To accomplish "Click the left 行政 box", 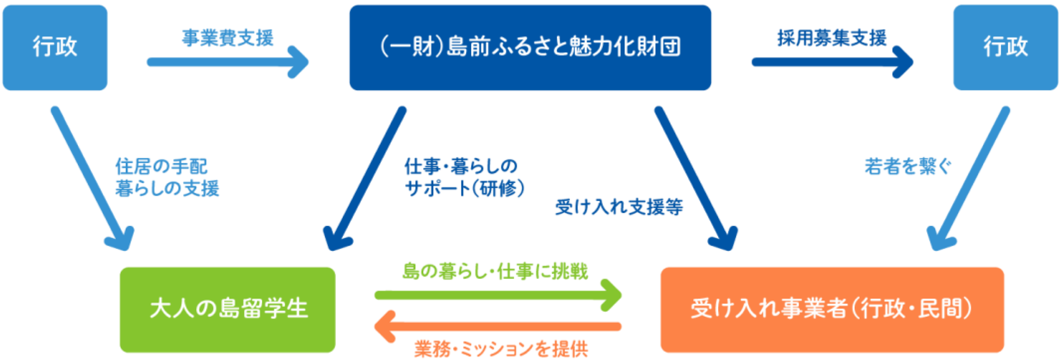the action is [55, 47].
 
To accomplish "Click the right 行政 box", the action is [1005, 47].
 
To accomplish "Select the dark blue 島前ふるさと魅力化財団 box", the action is [530, 47].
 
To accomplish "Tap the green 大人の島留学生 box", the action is [228, 309].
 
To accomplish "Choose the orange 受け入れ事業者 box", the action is [832, 309].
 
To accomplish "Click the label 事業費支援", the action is [228, 38].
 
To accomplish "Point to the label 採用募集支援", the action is [832, 38].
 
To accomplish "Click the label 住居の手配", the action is [161, 166].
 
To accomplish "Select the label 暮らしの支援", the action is [167, 188].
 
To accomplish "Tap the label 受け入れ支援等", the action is [619, 207].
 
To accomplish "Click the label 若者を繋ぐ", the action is [908, 166].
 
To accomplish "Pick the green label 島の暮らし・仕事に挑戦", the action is [495, 271].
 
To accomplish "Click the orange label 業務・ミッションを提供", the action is [501, 349].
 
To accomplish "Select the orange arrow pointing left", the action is [498, 326].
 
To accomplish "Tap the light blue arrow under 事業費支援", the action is [228, 62].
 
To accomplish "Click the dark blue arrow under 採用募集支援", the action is [832, 62].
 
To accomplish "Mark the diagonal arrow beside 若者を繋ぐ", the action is [968, 179].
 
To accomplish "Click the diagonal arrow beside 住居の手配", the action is [92, 179].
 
